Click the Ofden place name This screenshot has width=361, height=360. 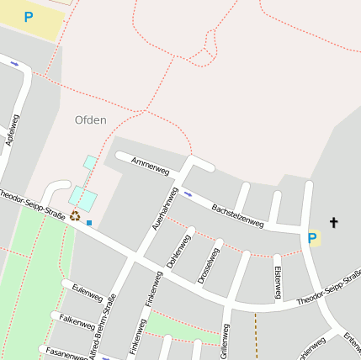[x=91, y=120]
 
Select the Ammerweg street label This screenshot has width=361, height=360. [x=150, y=166]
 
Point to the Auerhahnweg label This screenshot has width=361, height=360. [x=162, y=209]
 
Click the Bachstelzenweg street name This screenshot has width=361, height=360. [x=237, y=215]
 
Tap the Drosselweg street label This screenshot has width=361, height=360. [x=208, y=265]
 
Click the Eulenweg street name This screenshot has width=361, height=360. [x=88, y=294]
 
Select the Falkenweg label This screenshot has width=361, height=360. [x=77, y=320]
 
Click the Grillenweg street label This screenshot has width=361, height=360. [x=225, y=341]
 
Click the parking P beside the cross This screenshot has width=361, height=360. [x=312, y=239]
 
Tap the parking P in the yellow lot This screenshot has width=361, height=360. [x=29, y=17]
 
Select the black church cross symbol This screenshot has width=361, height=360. [x=333, y=223]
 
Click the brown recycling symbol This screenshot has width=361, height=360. [x=75, y=216]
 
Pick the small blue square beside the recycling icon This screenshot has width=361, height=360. [x=89, y=223]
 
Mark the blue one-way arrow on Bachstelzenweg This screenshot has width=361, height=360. [x=188, y=193]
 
